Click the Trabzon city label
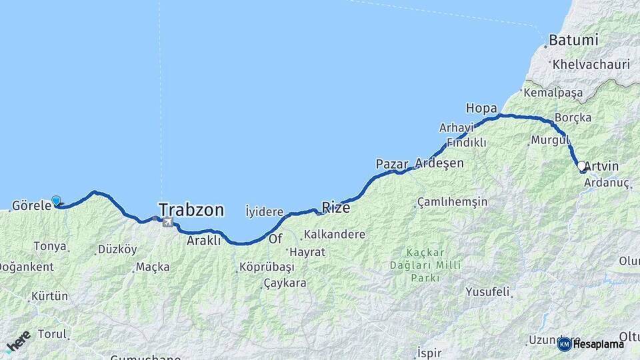pos(191,209)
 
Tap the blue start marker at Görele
pos(56,201)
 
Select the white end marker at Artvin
pos(581,165)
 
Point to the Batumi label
pos(573,40)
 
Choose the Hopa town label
pos(481,107)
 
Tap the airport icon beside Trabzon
pos(167,222)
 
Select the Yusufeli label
pos(487,291)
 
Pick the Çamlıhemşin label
pos(453,201)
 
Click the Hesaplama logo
pos(591,344)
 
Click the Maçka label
pos(153,267)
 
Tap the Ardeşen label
pos(439,163)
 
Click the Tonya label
pos(51,246)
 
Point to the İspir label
pos(429,351)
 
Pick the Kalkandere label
pos(334,234)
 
